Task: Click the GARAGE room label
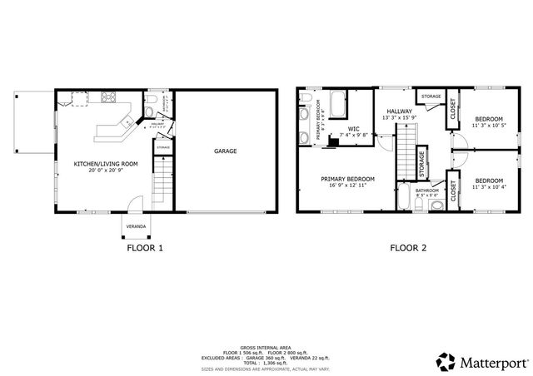(226, 151)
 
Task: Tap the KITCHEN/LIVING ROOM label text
(105, 164)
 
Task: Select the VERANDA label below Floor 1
(136, 226)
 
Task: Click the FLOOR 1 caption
(144, 248)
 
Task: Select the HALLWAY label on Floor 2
(397, 111)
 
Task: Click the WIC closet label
(353, 129)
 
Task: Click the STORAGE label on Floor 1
(162, 147)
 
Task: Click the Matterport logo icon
(446, 362)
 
